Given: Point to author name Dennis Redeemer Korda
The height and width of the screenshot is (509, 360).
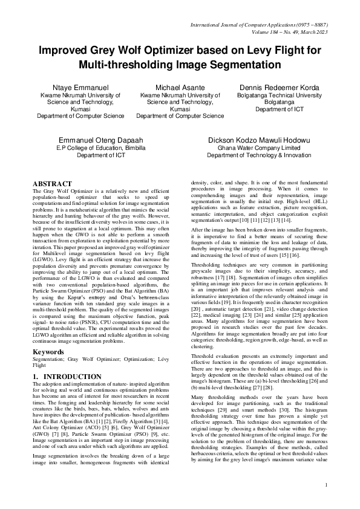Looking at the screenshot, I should pyautogui.click(x=279, y=88).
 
